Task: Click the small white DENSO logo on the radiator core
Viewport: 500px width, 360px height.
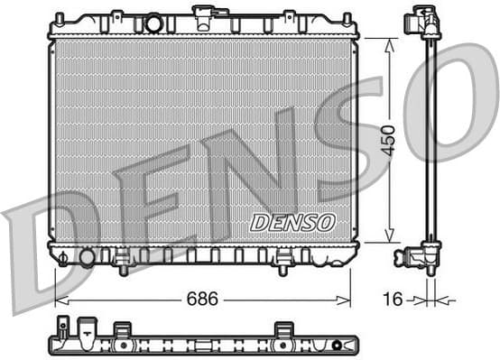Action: [292, 222]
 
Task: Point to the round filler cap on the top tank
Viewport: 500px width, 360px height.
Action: [153, 23]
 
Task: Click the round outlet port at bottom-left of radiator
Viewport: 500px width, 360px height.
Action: [87, 258]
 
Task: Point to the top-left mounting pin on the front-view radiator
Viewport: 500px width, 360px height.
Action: [60, 18]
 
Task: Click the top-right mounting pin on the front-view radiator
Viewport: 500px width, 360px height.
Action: [347, 18]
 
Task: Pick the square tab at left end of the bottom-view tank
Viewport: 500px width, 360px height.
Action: [62, 326]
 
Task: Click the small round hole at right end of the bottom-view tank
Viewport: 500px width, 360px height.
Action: [336, 344]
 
